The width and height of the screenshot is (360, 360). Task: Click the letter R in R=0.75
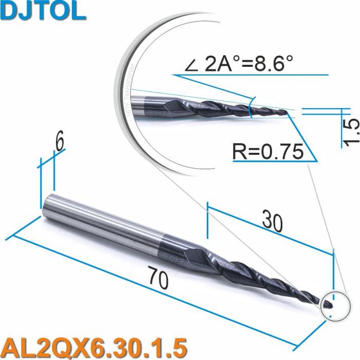point(240,152)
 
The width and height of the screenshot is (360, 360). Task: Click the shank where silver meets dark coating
point(164,238)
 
